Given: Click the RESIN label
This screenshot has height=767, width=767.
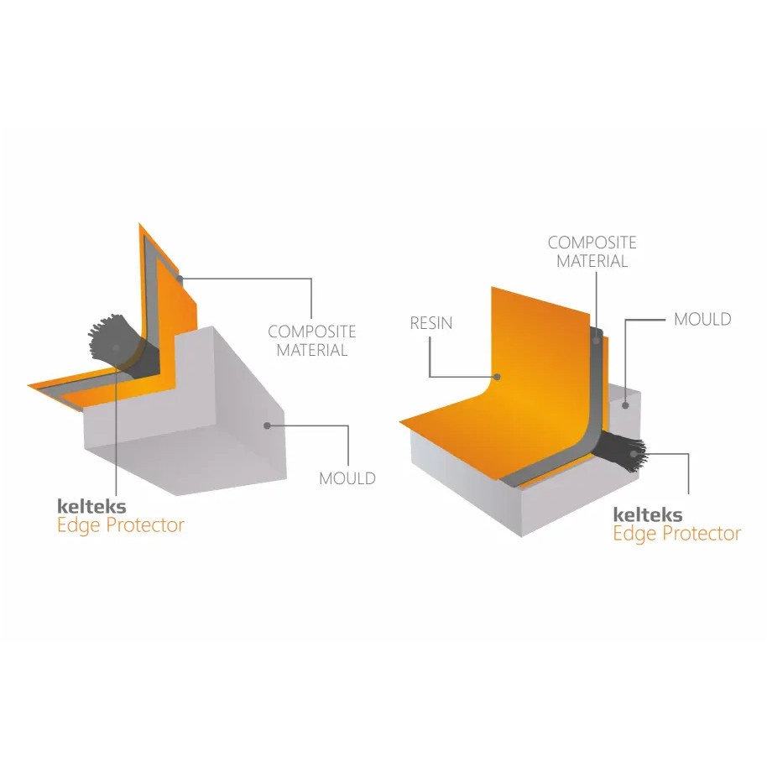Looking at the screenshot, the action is tap(431, 323).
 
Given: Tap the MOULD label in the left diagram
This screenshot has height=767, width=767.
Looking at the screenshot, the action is tap(347, 478).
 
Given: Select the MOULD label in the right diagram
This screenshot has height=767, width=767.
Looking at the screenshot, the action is tap(702, 320).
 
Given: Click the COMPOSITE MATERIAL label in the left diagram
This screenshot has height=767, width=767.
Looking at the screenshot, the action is tap(312, 341).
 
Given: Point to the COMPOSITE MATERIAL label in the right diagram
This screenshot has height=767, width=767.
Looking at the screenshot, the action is tap(592, 252).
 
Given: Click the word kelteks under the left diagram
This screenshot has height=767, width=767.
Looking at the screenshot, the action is tap(91, 506).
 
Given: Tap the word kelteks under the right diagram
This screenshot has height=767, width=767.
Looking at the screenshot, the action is tap(648, 514).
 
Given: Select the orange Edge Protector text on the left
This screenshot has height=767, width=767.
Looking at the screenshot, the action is tap(121, 525).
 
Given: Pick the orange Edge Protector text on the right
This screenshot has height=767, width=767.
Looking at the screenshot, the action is tap(677, 534).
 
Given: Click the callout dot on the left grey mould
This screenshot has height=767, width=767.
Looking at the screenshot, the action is tap(267, 425).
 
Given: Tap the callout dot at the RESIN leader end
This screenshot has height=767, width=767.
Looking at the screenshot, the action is tap(497, 377).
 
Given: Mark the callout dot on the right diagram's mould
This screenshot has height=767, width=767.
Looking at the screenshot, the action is tap(625, 405).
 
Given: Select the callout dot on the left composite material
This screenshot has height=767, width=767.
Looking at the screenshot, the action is tap(180, 279).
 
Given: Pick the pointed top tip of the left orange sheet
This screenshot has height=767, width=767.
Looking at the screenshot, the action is tap(139, 223).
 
